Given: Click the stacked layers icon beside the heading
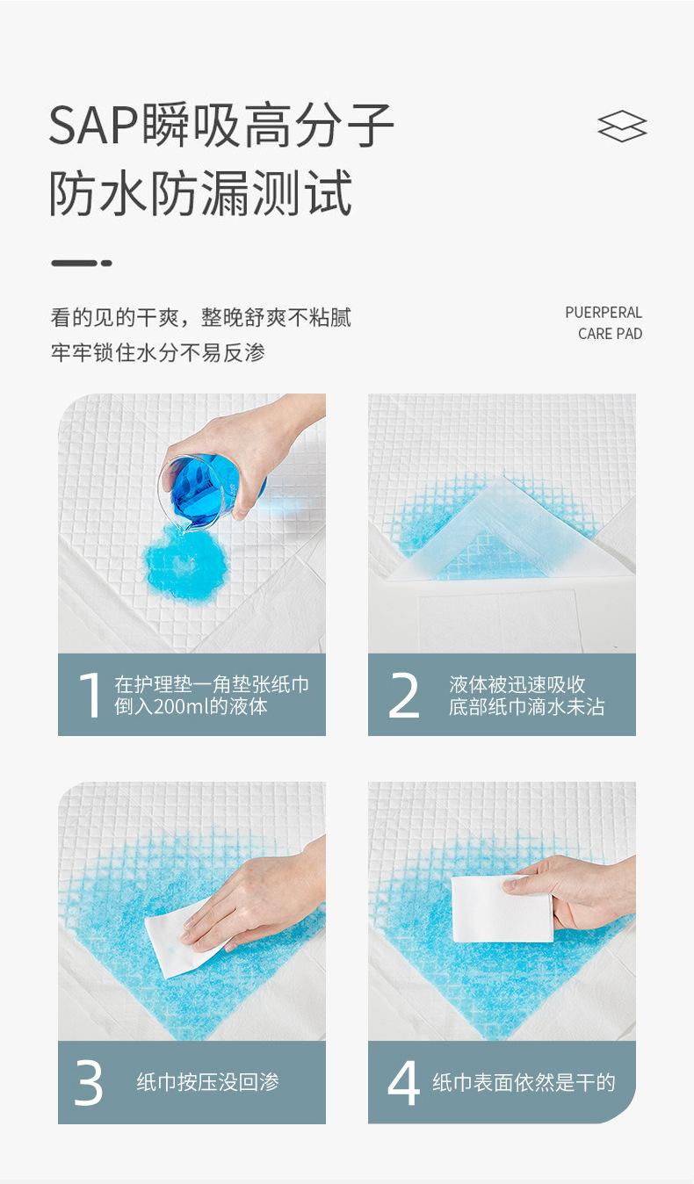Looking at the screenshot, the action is point(622,126).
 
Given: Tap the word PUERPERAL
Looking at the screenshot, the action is point(604,313).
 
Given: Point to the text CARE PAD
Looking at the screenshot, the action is point(610,334).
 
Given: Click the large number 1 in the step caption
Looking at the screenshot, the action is point(90,695).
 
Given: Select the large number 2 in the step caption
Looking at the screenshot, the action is point(404,695).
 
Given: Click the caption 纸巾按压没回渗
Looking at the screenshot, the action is point(207,1083).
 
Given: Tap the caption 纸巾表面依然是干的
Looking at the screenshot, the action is point(524,1083).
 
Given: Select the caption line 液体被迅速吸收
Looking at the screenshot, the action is point(517,684).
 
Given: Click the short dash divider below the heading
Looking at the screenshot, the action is point(82,263).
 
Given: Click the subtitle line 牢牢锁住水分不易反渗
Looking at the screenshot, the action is point(157,353).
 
